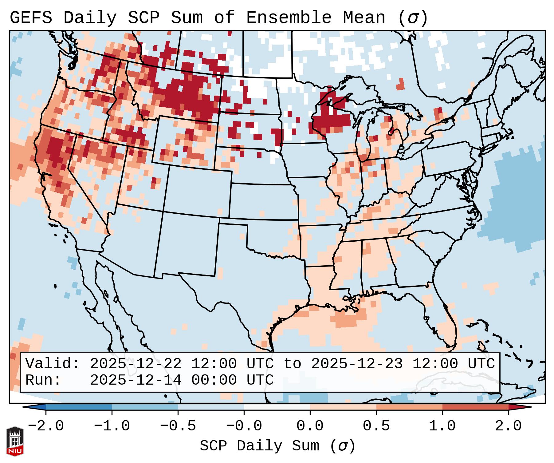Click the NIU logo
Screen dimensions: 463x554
tap(15, 441)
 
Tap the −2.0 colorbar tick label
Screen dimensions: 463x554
tap(46, 426)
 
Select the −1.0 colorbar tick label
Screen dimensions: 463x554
tap(112, 426)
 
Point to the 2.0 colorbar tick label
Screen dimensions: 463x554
tap(508, 426)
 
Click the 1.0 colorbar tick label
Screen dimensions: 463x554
tap(442, 426)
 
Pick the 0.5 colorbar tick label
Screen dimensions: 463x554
tap(376, 426)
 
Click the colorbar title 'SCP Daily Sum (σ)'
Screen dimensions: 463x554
tap(277, 446)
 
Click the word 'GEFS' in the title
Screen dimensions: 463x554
tap(31, 18)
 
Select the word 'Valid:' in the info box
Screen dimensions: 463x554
tap(53, 364)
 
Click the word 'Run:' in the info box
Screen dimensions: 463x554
tap(43, 380)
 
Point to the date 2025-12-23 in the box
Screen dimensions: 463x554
tap(357, 364)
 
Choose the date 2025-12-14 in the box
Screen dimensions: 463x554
tap(136, 380)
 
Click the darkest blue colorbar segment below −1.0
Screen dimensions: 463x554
tap(79, 407)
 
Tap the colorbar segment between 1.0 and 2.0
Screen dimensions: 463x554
tap(475, 407)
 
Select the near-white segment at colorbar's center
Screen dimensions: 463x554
tap(277, 407)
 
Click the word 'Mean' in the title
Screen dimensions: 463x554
tap(364, 18)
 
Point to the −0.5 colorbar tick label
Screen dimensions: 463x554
tap(178, 426)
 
